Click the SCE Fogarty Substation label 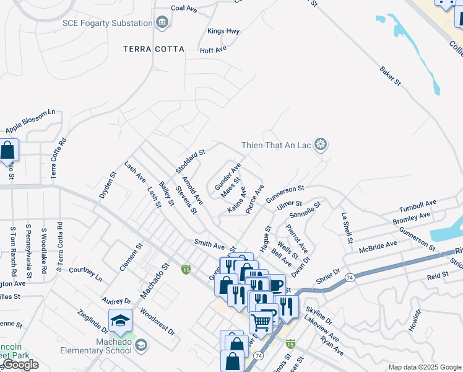[x=107, y=23]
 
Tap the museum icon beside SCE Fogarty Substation [x=162, y=23]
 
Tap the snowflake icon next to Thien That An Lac [x=320, y=146]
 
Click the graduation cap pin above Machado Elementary [x=120, y=321]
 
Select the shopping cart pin [x=261, y=322]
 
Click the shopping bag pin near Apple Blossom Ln [x=7, y=150]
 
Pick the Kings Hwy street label [x=223, y=31]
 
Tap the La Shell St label [x=347, y=228]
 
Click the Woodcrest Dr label [x=158, y=321]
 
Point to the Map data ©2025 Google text [x=425, y=367]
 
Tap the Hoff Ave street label [x=213, y=49]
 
